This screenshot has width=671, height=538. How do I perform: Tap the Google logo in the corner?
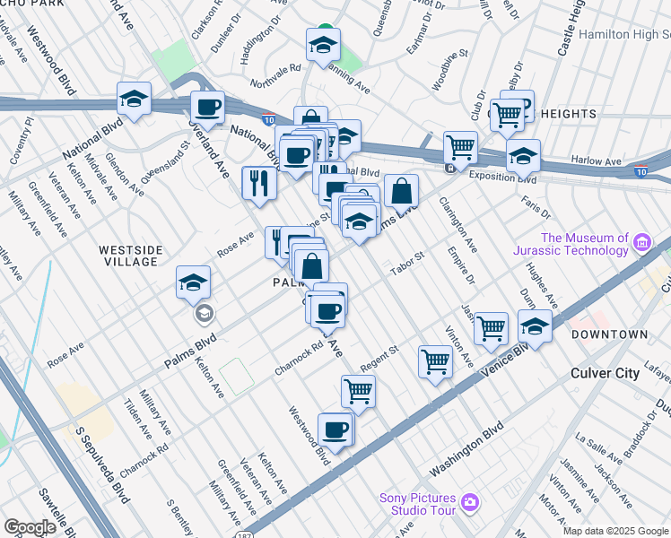point(29,527)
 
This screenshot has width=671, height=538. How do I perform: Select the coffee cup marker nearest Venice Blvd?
point(335,430)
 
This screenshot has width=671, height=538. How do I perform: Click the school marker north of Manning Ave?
point(323,46)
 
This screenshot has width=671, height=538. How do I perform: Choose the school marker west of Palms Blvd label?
point(193,282)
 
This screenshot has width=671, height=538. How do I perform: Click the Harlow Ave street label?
point(597,161)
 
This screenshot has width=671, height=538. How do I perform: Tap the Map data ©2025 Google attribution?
point(615,531)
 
